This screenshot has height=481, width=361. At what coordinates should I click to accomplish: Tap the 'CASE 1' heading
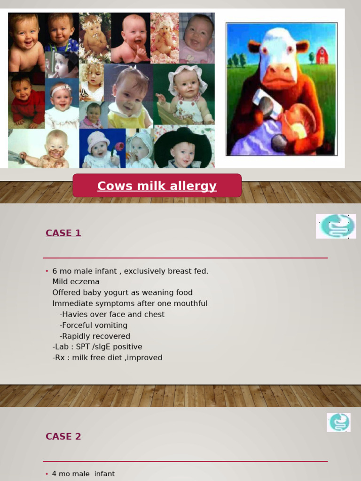pyautogui.click(x=63, y=233)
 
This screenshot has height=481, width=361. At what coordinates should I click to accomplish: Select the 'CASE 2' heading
pyautogui.click(x=63, y=436)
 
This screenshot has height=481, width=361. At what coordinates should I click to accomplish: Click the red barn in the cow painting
pyautogui.click(x=322, y=55)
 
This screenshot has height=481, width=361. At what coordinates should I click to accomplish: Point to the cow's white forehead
pyautogui.click(x=278, y=43)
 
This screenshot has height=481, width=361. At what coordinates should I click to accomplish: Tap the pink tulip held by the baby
pyautogui.click(x=118, y=147)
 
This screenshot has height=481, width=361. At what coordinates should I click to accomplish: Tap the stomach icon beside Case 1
pyautogui.click(x=336, y=226)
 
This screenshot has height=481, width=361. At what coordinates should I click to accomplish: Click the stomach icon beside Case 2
pyautogui.click(x=338, y=422)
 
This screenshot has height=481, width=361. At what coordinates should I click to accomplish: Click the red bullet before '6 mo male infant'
pyautogui.click(x=47, y=271)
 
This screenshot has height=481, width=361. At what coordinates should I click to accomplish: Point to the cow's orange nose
pyautogui.click(x=278, y=75)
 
